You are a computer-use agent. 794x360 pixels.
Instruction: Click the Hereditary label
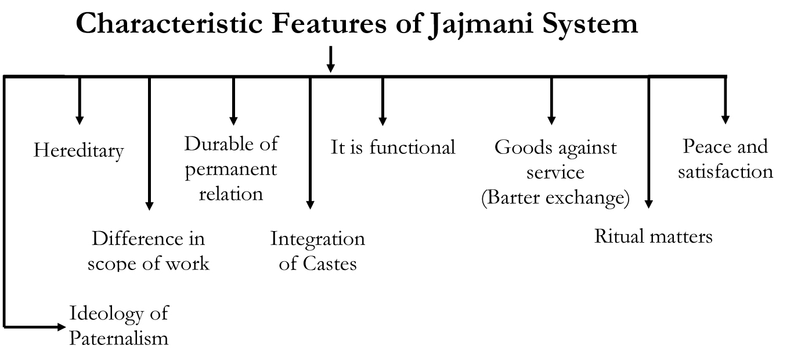click(79, 151)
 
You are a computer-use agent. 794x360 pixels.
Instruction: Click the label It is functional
click(393, 147)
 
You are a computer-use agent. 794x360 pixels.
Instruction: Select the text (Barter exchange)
click(555, 199)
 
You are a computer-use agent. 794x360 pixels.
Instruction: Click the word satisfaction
click(726, 172)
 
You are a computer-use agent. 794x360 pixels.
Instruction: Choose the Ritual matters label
click(654, 237)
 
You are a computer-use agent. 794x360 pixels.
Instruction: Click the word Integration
click(318, 239)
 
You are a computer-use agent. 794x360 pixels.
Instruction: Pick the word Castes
click(330, 264)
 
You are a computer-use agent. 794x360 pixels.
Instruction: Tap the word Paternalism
click(119, 338)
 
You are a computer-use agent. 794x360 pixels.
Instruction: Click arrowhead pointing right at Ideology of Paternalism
click(62, 327)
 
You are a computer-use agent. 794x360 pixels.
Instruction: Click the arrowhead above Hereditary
click(80, 119)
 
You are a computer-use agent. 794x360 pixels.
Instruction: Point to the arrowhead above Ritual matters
click(649, 203)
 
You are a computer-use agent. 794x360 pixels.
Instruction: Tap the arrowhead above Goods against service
click(551, 120)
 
